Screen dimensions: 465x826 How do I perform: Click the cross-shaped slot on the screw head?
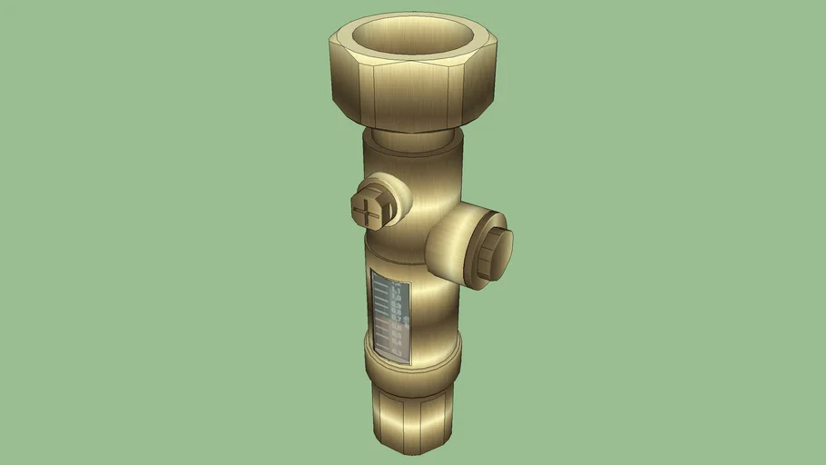(371, 210)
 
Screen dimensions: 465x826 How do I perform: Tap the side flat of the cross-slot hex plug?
(391, 213)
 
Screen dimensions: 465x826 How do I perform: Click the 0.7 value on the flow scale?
(396, 320)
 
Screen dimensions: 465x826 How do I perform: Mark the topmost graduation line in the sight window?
(381, 284)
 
